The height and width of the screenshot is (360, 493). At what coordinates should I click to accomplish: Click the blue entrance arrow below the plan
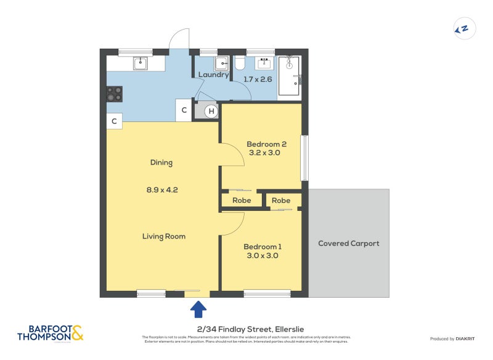pyautogui.click(x=199, y=308)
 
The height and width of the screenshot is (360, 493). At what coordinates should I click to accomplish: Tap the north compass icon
pyautogui.click(x=462, y=28)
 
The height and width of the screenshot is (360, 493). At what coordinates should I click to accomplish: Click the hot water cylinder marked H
pyautogui.click(x=211, y=111)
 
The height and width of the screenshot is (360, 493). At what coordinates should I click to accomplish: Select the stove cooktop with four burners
pyautogui.click(x=115, y=94)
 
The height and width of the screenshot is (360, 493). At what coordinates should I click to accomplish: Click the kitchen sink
pyautogui.click(x=141, y=62)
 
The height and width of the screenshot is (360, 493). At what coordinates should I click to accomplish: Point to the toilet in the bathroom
pyautogui.click(x=240, y=63)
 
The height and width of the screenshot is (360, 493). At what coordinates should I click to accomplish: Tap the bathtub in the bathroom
pyautogui.click(x=288, y=76)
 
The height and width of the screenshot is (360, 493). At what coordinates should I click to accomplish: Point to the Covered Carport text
pyautogui.click(x=349, y=243)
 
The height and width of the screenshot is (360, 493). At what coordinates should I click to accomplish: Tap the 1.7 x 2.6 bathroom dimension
pyautogui.click(x=258, y=80)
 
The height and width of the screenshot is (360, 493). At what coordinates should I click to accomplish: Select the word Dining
pyautogui.click(x=161, y=163)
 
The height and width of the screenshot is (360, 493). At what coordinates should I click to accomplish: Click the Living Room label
pyautogui.click(x=164, y=236)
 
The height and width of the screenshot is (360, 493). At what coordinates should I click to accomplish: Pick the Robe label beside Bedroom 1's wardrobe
pyautogui.click(x=281, y=200)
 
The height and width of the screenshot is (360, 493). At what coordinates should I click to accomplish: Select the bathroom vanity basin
pyautogui.click(x=266, y=62)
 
